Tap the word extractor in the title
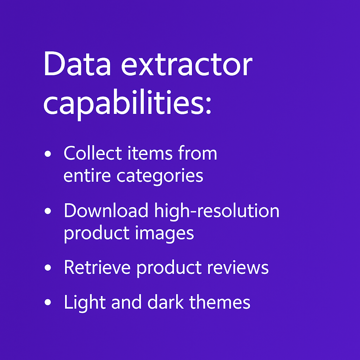click(x=187, y=65)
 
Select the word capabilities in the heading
click(x=123, y=103)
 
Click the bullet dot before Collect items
click(x=48, y=154)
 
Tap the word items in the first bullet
click(x=150, y=153)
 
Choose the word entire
click(x=87, y=175)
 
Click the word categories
click(x=160, y=177)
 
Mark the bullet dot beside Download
click(x=48, y=211)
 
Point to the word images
click(x=165, y=234)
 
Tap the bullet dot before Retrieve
click(x=48, y=268)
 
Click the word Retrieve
click(x=97, y=267)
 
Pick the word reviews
click(x=238, y=268)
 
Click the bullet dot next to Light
click(x=48, y=302)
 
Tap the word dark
click(x=166, y=302)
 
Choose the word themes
click(x=220, y=302)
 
